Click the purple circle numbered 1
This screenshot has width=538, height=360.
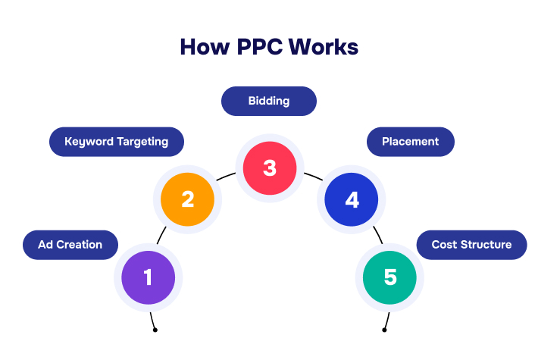pyautogui.click(x=148, y=277)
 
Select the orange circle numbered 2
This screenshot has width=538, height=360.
pyautogui.click(x=188, y=199)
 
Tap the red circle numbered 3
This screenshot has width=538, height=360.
pyautogui.click(x=269, y=167)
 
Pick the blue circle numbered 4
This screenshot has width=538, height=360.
pyautogui.click(x=352, y=199)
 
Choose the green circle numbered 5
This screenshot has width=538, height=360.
pyautogui.click(x=389, y=277)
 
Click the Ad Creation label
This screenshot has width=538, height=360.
pyautogui.click(x=70, y=245)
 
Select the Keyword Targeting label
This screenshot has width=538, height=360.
pyautogui.click(x=116, y=142)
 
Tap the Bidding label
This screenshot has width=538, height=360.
pyautogui.click(x=269, y=101)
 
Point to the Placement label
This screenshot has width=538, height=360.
pyautogui.click(x=410, y=142)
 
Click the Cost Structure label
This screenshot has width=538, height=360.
pyautogui.click(x=471, y=245)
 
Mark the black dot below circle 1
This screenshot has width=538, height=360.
pyautogui.click(x=155, y=330)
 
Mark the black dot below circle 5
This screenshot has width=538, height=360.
pyautogui.click(x=384, y=330)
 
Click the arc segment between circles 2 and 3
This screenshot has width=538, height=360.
pyautogui.click(x=226, y=177)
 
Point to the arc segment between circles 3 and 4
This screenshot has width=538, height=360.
pyautogui.click(x=313, y=177)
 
